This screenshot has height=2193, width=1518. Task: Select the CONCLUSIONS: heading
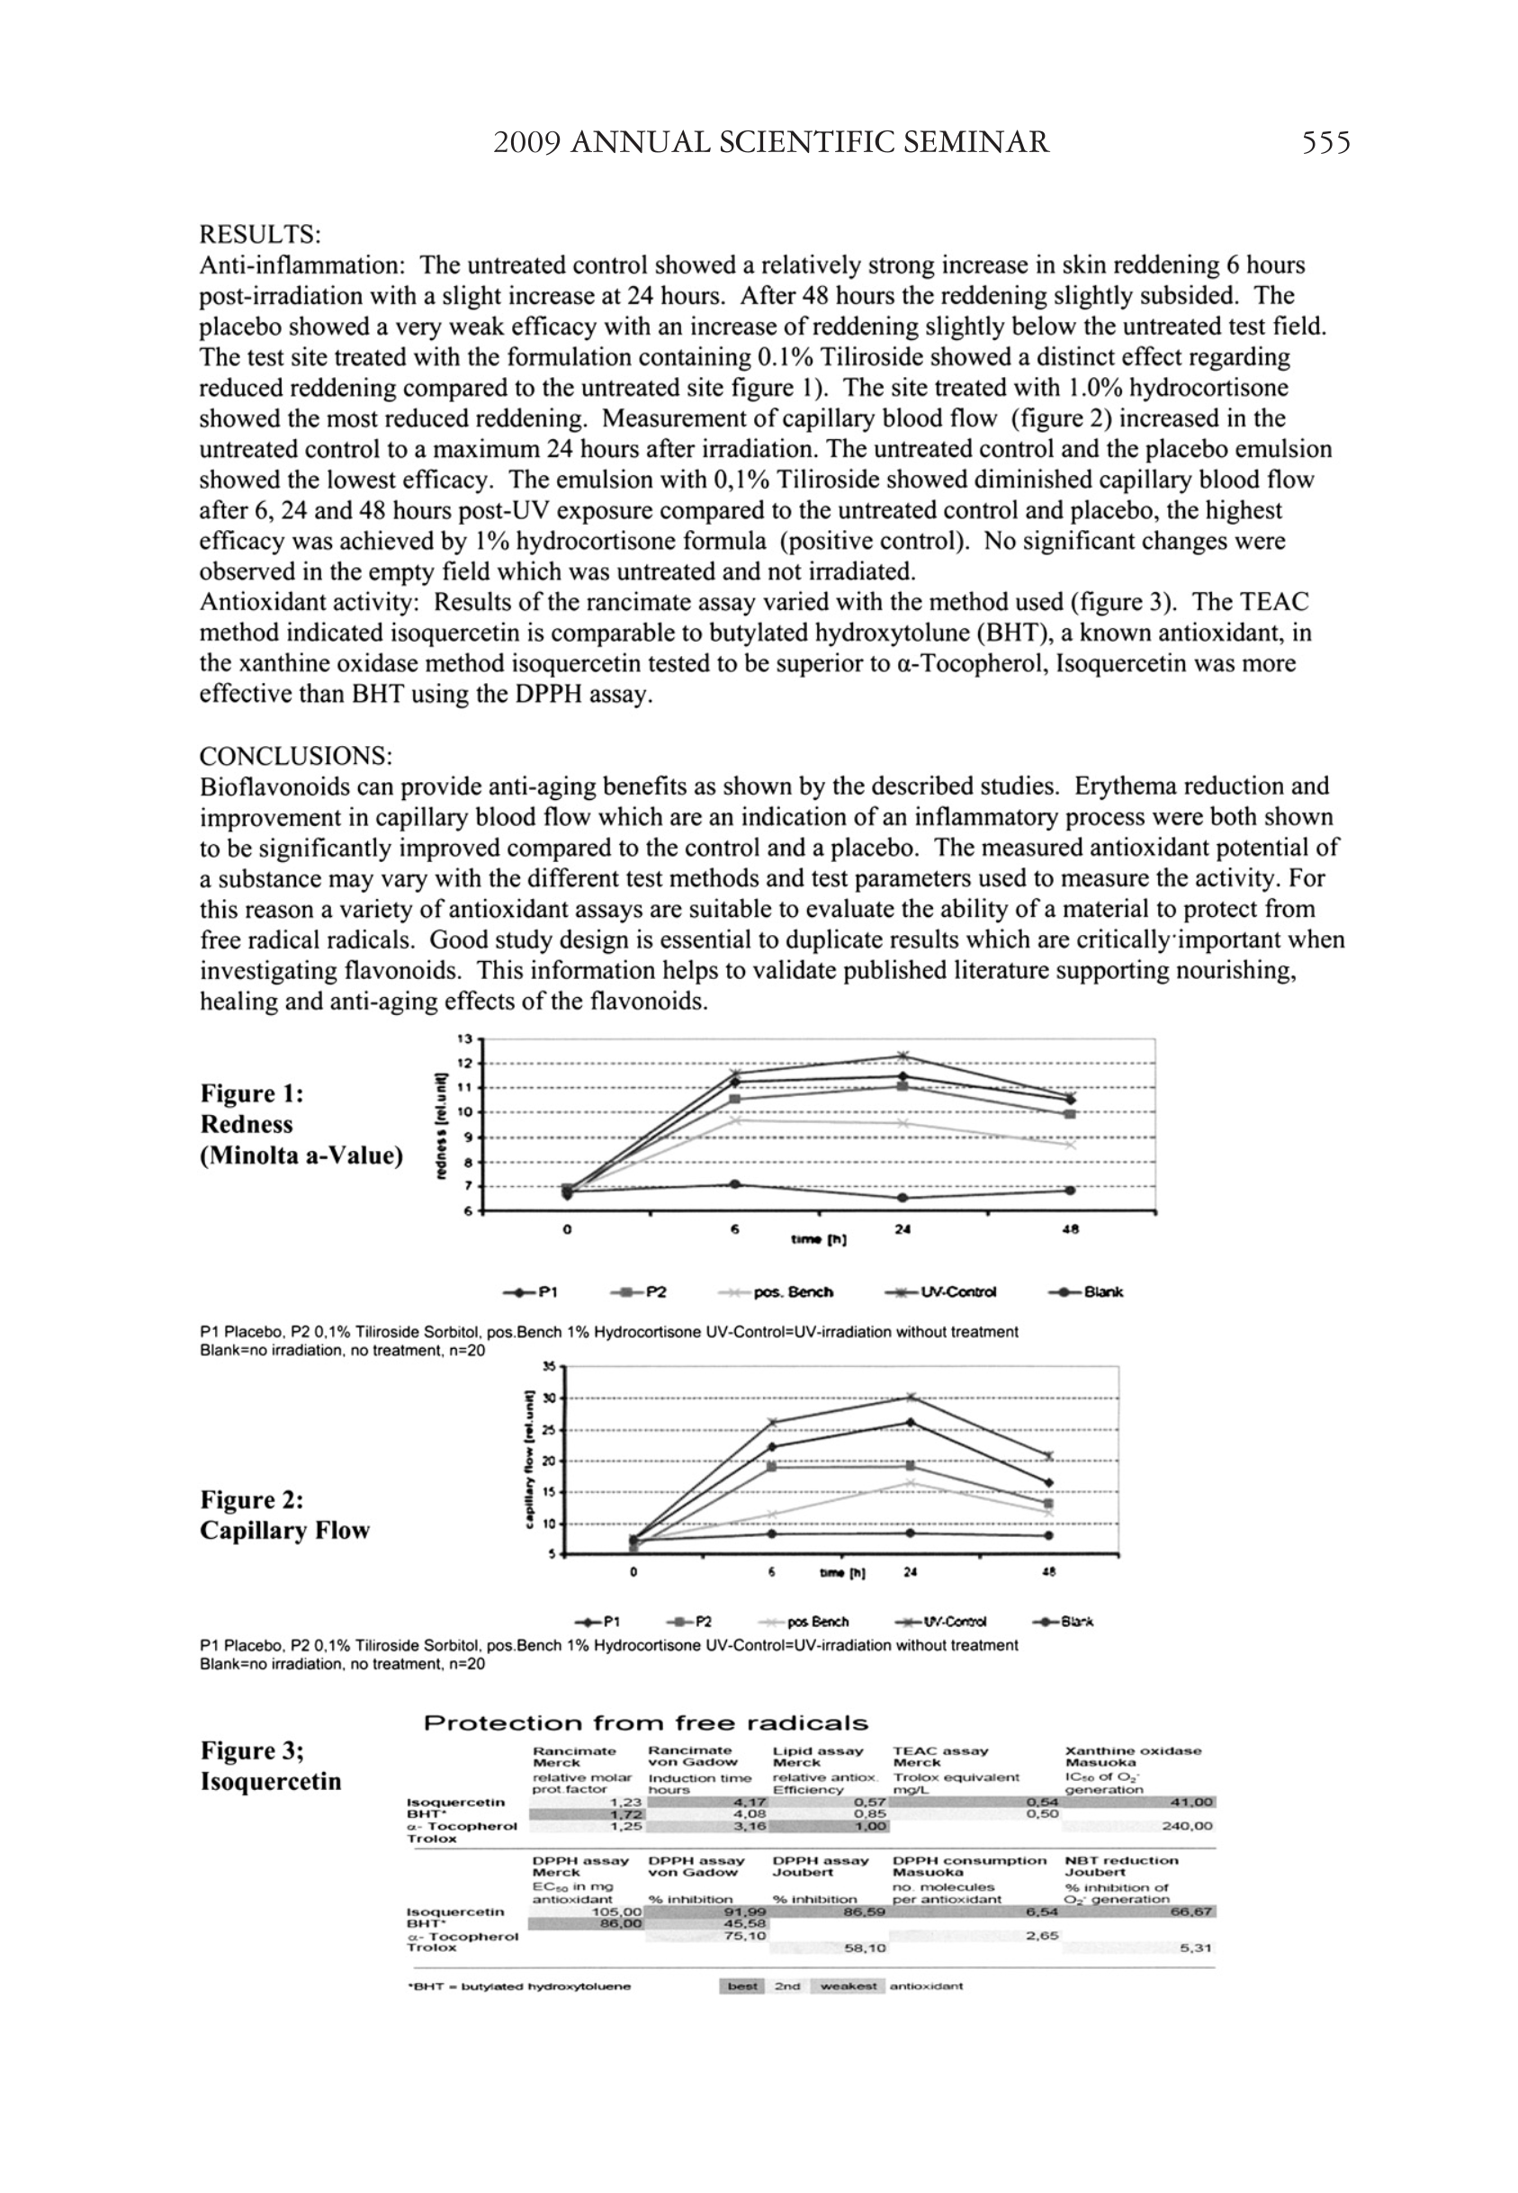pyautogui.click(x=296, y=756)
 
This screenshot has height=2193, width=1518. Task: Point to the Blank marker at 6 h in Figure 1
pyautogui.click(x=734, y=1184)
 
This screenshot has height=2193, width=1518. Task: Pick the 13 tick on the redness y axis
pyautogui.click(x=465, y=1039)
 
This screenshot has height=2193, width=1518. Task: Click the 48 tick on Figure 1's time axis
pyautogui.click(x=1070, y=1229)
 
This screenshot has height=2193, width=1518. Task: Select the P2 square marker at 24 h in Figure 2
pyautogui.click(x=911, y=1466)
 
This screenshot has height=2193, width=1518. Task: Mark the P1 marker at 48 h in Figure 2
pyautogui.click(x=1048, y=1483)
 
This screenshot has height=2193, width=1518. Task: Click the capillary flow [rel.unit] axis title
pyautogui.click(x=529, y=1461)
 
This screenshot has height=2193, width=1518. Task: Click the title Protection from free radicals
pyautogui.click(x=646, y=1723)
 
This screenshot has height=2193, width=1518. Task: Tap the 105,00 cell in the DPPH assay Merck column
pyautogui.click(x=618, y=1911)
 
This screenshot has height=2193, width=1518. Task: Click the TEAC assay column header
pyautogui.click(x=940, y=1751)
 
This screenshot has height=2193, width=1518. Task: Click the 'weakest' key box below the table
pyautogui.click(x=849, y=1986)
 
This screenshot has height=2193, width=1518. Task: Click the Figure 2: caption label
pyautogui.click(x=252, y=1500)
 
